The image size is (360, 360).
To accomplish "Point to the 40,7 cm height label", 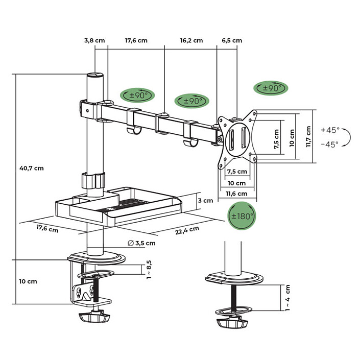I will click(x=31, y=168).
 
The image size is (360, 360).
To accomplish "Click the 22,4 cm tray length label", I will click(x=187, y=230).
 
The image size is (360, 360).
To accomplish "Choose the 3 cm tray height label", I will click(x=205, y=201).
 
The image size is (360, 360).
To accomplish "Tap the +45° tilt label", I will click(x=329, y=130).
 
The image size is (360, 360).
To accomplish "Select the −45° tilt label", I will click(x=329, y=145).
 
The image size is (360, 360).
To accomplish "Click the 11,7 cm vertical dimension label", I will click(x=308, y=137).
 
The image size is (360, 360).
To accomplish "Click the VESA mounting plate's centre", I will click(x=236, y=137).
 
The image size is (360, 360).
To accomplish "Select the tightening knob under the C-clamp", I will click(x=94, y=317).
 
